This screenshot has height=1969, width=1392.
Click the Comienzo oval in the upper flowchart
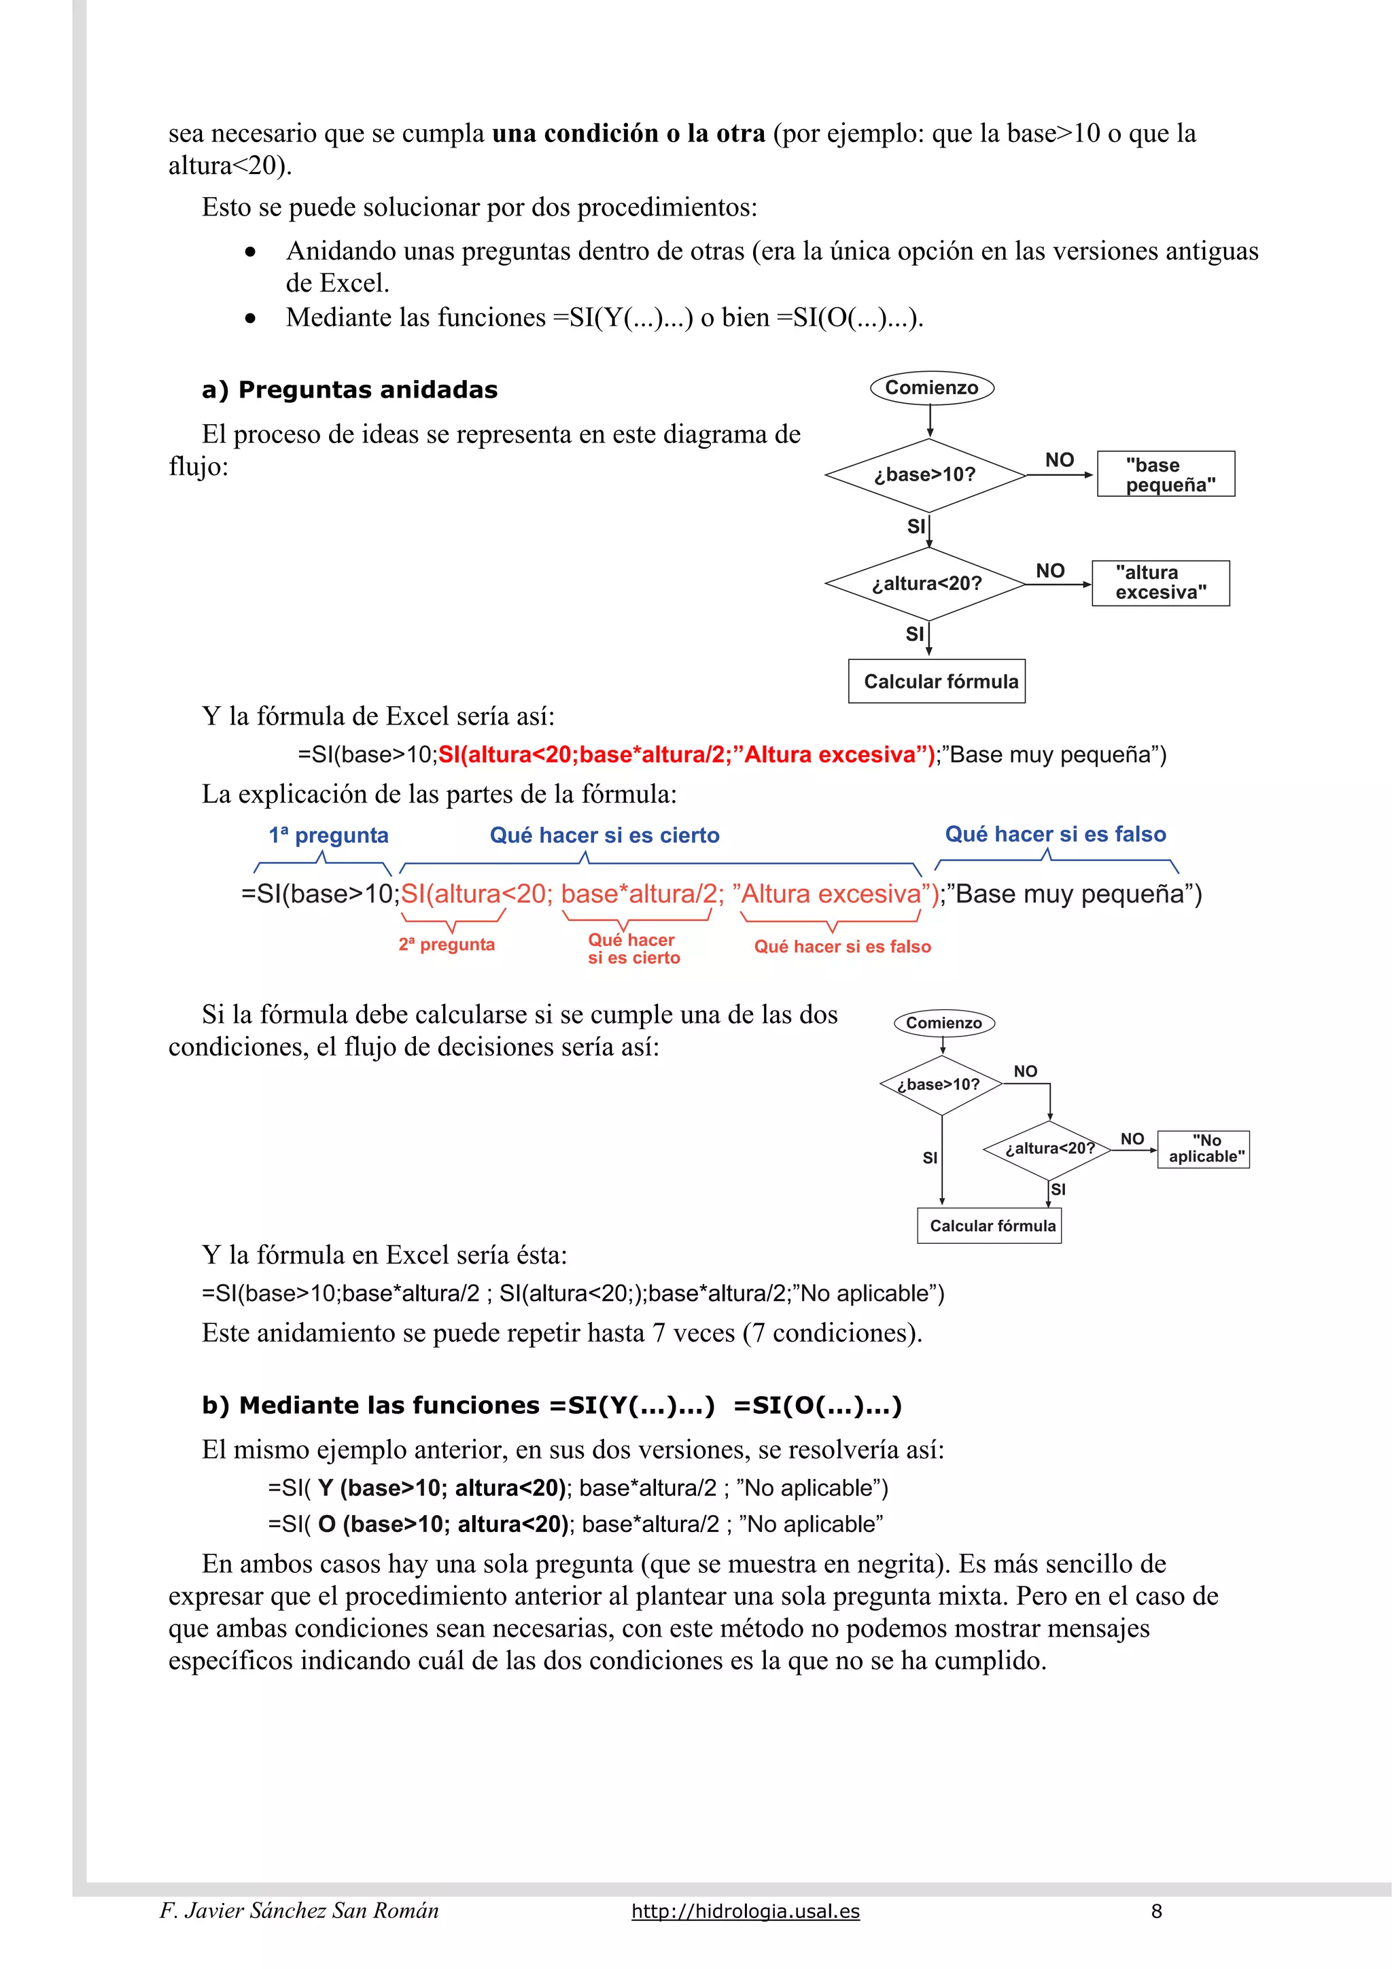tap(931, 387)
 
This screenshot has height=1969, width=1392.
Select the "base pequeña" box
tap(1166, 474)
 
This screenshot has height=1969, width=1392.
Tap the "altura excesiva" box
tap(1160, 583)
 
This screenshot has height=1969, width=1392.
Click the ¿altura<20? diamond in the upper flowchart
tap(926, 584)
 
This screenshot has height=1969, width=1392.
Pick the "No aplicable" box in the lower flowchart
tap(1203, 1149)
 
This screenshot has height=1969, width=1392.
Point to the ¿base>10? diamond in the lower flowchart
tap(941, 1085)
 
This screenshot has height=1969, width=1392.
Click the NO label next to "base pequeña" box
tap(1059, 461)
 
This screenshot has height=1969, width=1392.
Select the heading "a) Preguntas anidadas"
tap(350, 390)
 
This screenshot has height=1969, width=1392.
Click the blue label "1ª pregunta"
tap(328, 835)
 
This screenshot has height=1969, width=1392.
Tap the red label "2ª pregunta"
tap(446, 944)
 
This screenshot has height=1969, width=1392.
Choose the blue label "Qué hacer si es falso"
tap(1055, 835)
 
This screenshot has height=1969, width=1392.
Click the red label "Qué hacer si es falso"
tap(842, 947)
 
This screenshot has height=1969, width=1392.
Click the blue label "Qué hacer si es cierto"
tap(605, 835)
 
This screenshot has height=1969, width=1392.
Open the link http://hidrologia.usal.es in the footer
tap(746, 1911)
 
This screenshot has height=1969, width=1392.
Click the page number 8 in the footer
tap(1156, 1911)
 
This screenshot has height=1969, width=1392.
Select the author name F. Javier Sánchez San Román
tap(299, 1911)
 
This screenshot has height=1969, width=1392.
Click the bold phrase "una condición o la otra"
tap(629, 134)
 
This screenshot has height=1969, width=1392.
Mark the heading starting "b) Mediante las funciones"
tap(551, 1406)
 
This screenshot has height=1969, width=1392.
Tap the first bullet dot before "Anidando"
tap(250, 252)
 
